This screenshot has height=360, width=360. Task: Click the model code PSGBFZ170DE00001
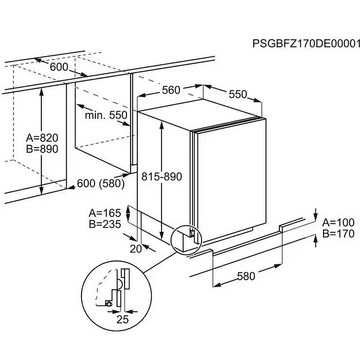(306, 44)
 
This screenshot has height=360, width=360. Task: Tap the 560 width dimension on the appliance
(171, 90)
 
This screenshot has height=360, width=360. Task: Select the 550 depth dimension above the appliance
(238, 94)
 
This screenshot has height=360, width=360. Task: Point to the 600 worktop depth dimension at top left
(59, 67)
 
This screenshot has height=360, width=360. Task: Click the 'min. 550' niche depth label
(106, 115)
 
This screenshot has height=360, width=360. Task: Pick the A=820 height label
(42, 138)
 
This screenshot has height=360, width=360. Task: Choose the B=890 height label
(42, 149)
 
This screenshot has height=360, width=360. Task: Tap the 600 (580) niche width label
(101, 184)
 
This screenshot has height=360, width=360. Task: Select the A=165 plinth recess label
(105, 212)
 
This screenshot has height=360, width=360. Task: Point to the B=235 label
(105, 224)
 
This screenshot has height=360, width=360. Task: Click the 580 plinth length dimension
(246, 276)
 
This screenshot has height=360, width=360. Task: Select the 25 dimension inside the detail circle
(122, 319)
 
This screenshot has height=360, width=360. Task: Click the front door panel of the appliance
(229, 180)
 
